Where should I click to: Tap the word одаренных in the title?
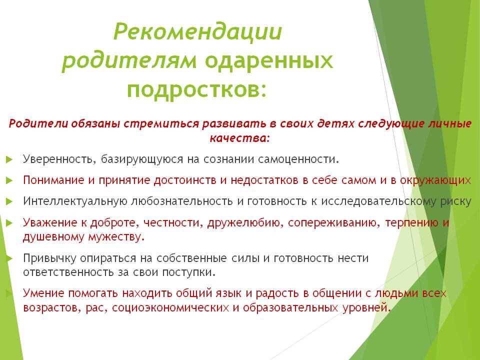click(x=269, y=61)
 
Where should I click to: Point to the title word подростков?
click(x=196, y=90)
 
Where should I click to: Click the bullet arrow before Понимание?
click(x=9, y=179)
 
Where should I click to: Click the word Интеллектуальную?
click(x=74, y=201)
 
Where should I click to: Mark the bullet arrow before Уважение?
click(x=9, y=222)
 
